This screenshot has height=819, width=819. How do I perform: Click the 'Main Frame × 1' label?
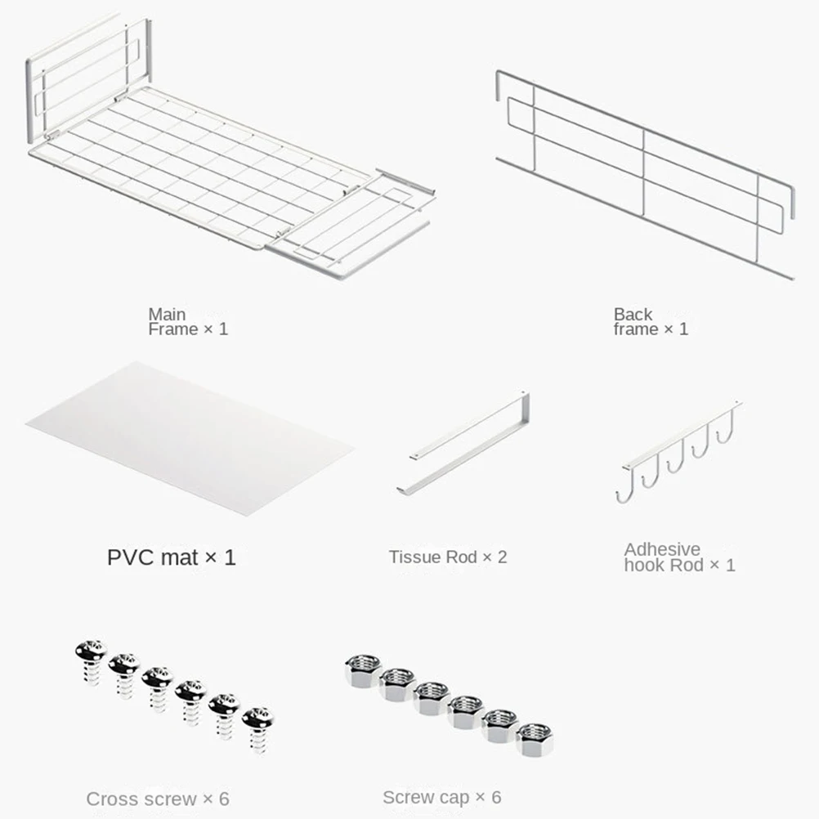click(188, 322)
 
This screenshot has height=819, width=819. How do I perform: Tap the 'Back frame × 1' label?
click(651, 322)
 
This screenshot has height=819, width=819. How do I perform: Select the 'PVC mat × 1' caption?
click(172, 557)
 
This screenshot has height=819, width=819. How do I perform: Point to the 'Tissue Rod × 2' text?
click(448, 557)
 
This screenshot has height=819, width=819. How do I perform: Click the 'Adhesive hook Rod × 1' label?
click(679, 557)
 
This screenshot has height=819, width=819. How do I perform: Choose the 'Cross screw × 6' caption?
click(158, 799)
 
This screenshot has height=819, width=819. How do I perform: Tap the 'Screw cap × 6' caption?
click(442, 797)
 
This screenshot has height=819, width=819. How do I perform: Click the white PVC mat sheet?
click(190, 439)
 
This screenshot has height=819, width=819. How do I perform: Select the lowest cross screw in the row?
click(258, 730)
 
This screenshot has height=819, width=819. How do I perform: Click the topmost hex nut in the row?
click(364, 670)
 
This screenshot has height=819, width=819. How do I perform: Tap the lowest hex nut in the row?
click(535, 740)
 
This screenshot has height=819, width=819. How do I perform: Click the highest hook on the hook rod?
click(727, 427)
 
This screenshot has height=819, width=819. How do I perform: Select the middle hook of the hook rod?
click(676, 457)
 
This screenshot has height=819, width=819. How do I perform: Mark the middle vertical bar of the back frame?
click(643, 173)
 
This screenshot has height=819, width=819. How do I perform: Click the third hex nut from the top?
click(432, 698)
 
